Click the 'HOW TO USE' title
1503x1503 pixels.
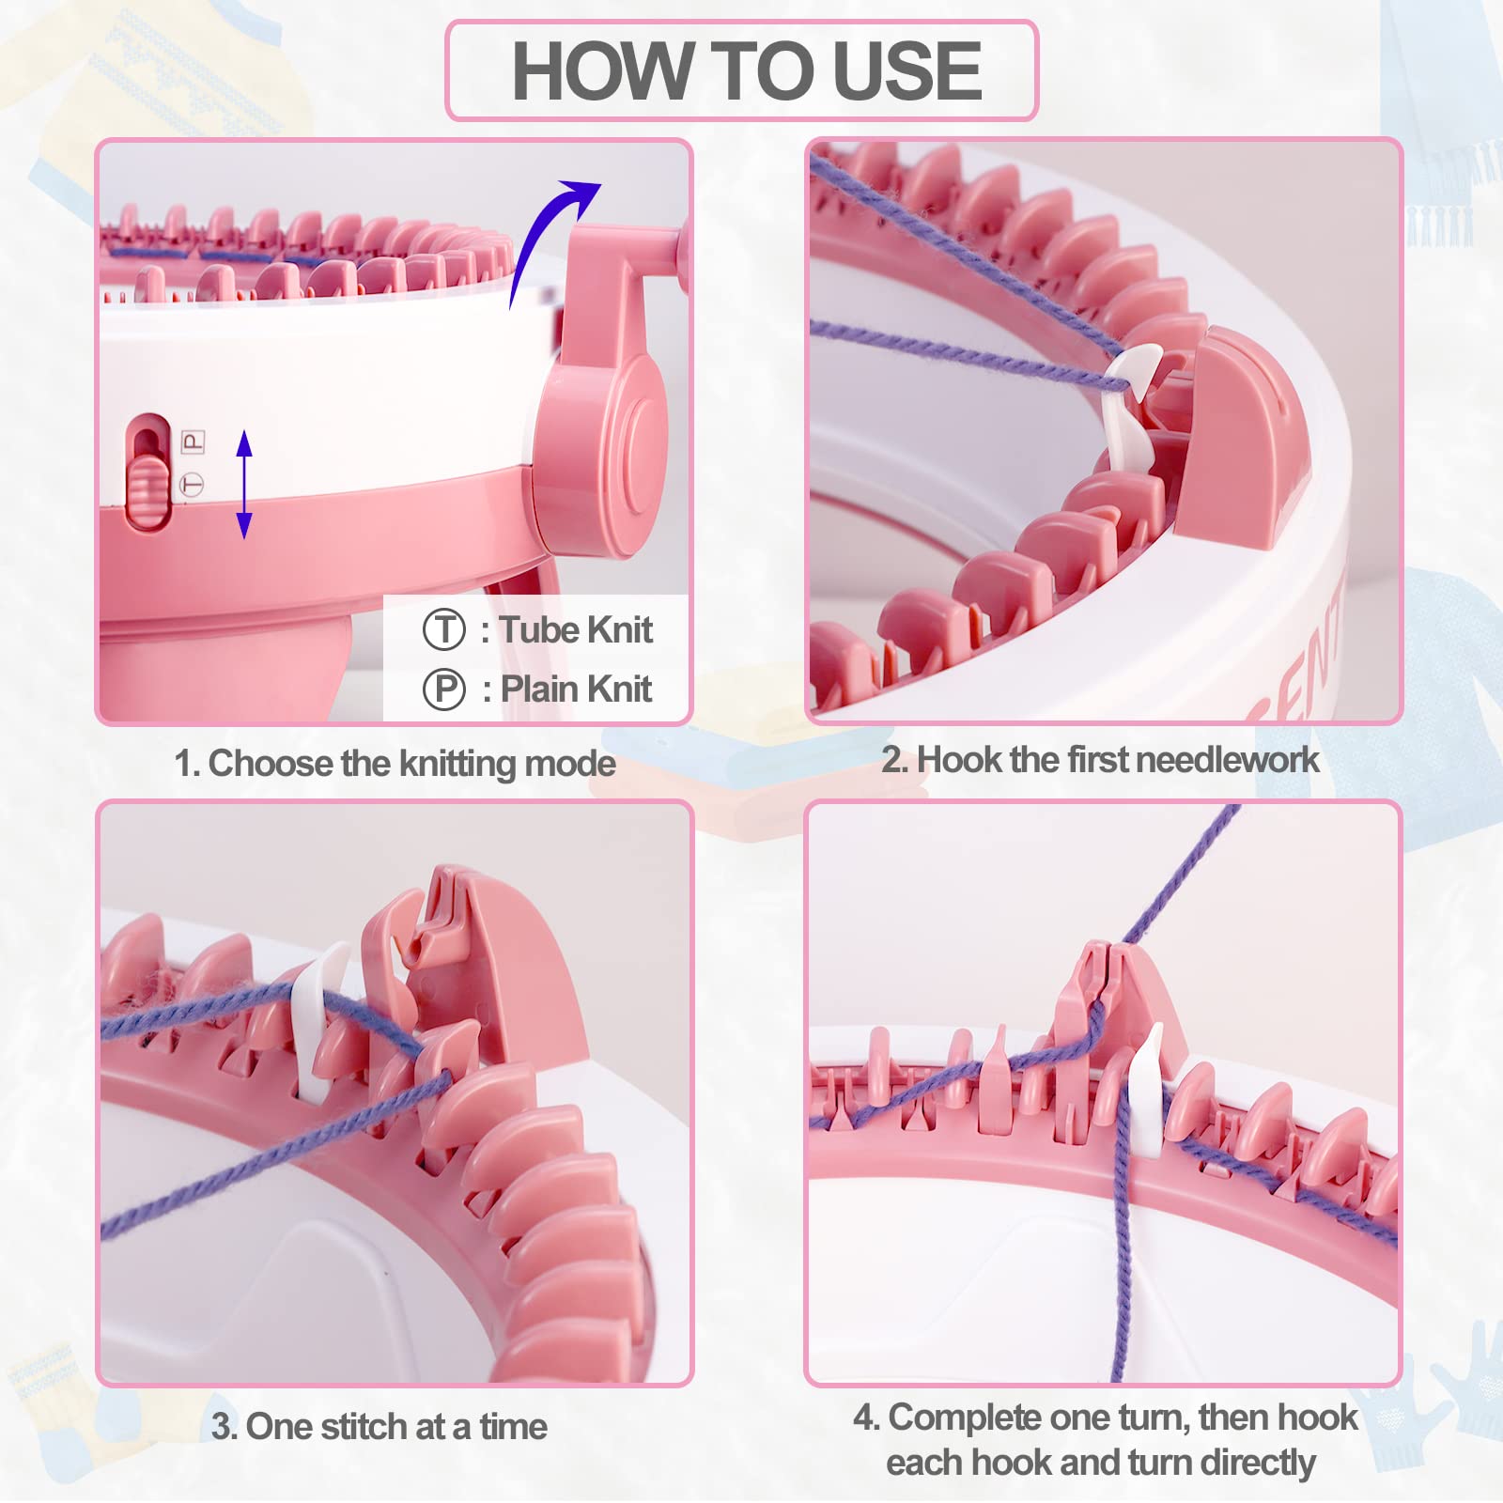click(x=746, y=71)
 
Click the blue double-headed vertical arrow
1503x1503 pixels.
click(x=244, y=484)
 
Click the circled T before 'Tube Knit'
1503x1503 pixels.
click(x=443, y=629)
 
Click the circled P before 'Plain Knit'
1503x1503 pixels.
click(x=443, y=689)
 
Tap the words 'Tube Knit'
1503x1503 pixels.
click(x=575, y=629)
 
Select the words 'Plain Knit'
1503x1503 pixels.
click(x=576, y=689)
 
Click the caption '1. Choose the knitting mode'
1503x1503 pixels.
click(x=395, y=764)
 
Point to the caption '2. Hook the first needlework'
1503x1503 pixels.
click(x=1099, y=759)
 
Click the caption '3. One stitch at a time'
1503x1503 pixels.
click(x=379, y=1426)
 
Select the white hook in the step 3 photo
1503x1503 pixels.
click(x=318, y=1024)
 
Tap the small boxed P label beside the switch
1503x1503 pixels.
click(x=193, y=441)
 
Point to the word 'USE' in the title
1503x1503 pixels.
click(x=906, y=71)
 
